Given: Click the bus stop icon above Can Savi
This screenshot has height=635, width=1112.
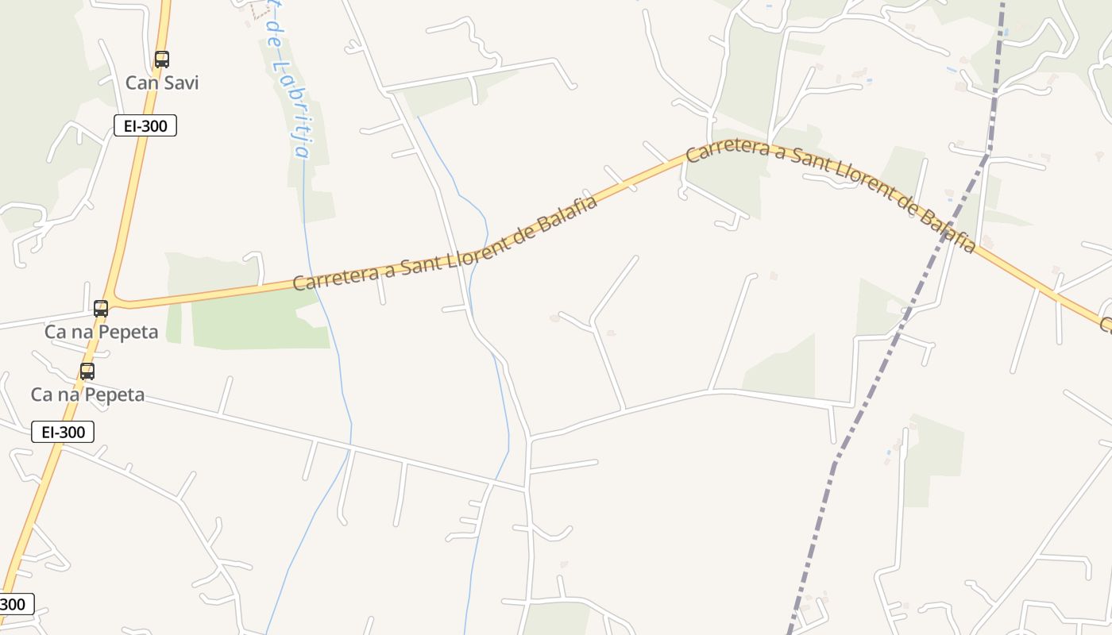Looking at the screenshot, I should [x=162, y=59].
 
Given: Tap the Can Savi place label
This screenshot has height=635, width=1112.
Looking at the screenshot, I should [x=162, y=83].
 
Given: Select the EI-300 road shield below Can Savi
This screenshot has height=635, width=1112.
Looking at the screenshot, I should [x=145, y=125].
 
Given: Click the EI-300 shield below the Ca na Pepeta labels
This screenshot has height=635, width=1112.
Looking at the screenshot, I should [x=63, y=432].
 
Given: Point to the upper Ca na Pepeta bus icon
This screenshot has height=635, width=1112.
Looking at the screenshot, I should [x=101, y=309].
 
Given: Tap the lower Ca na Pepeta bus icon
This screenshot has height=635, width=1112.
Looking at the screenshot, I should [x=87, y=371].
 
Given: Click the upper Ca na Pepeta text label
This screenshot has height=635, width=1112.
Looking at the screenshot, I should [x=101, y=332].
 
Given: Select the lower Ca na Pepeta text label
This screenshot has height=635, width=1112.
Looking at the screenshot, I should [x=87, y=394].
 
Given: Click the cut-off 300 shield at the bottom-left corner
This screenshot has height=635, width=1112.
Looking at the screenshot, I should [x=14, y=604].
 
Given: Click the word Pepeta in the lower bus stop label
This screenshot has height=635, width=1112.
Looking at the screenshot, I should [x=114, y=394].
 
